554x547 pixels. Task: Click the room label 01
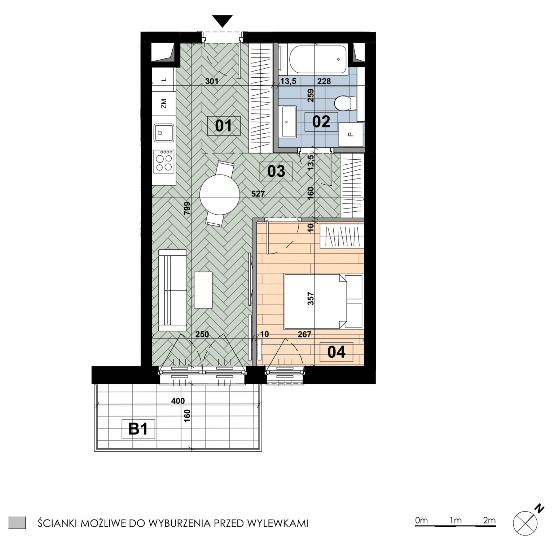pyautogui.click(x=224, y=126)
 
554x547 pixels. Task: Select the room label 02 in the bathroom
pyautogui.click(x=321, y=122)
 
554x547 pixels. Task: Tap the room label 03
pyautogui.click(x=276, y=171)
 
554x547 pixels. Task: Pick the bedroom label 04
pyautogui.click(x=336, y=352)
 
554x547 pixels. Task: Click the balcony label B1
pyautogui.click(x=138, y=429)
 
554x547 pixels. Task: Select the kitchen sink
pyautogui.click(x=164, y=133)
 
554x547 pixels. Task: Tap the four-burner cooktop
pyautogui.click(x=164, y=161)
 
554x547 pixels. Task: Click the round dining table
pyautogui.click(x=220, y=194)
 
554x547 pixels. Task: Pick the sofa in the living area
pyautogui.click(x=172, y=290)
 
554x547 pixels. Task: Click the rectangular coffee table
pyautogui.click(x=203, y=290)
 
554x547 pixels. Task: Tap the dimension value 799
pyautogui.click(x=187, y=208)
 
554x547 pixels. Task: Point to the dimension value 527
pyautogui.click(x=258, y=194)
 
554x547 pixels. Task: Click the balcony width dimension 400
pyautogui.click(x=178, y=401)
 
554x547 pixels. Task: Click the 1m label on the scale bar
pyautogui.click(x=456, y=520)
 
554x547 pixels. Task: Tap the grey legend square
pyautogui.click(x=17, y=522)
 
